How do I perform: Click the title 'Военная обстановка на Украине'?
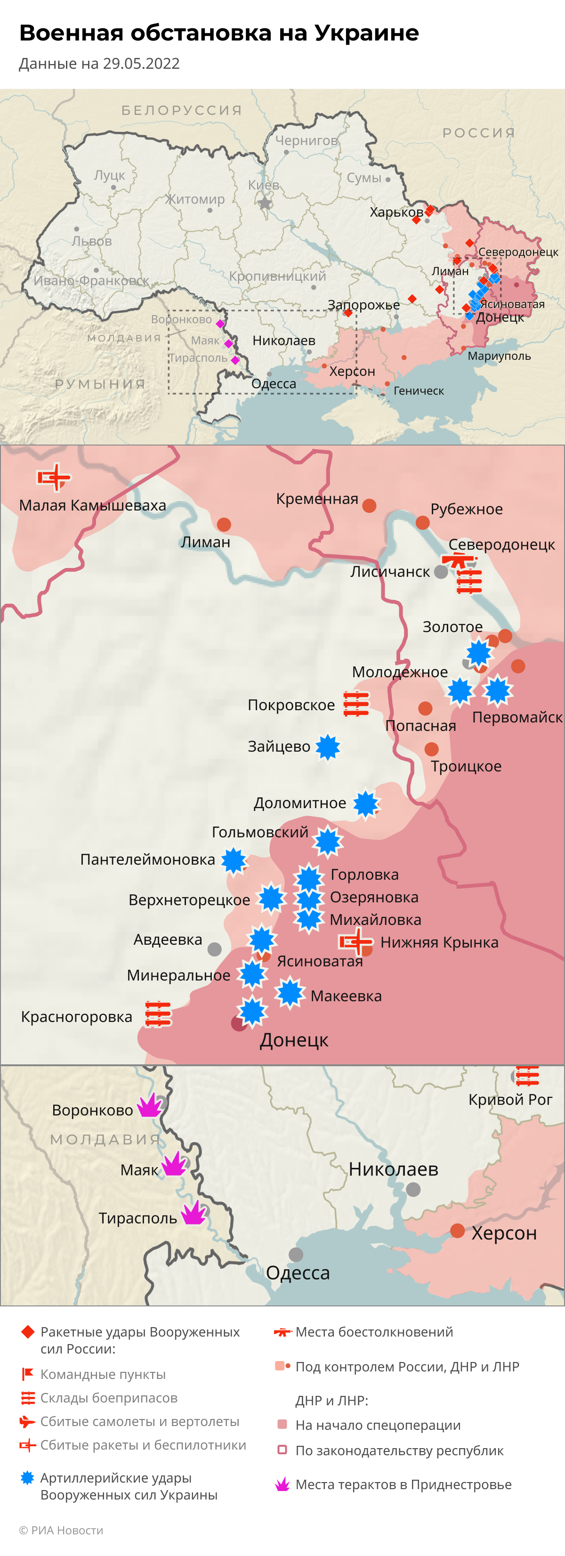point(218,32)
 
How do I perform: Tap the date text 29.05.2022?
point(141,64)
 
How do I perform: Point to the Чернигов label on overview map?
point(306,140)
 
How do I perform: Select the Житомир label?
point(195,199)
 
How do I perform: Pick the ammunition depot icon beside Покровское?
point(356,704)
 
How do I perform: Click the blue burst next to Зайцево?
point(328,747)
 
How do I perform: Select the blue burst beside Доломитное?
point(366,804)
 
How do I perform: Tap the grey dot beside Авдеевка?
point(214,949)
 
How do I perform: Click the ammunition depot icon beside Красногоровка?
point(158,1014)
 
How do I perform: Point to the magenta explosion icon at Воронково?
point(150,1106)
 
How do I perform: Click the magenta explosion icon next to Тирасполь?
point(194,1212)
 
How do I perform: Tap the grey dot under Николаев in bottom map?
point(413,1189)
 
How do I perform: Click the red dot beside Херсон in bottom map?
point(457,1231)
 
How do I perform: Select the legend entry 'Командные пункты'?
point(103,1374)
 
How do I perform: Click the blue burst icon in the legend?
point(27,1477)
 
